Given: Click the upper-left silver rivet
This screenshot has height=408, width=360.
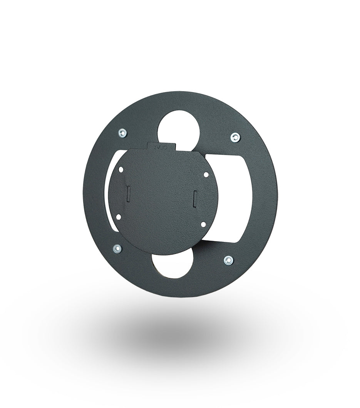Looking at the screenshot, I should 122,133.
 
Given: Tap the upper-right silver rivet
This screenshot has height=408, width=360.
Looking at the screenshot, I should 234,137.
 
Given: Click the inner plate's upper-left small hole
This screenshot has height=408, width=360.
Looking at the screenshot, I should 121,169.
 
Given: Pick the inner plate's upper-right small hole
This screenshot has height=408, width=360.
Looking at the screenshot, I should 206,175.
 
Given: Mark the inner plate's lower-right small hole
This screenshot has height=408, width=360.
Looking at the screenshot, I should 202,223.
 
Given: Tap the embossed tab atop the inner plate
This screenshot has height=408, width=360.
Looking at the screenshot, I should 162,146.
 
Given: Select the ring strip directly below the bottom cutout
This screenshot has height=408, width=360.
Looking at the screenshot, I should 171,287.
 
